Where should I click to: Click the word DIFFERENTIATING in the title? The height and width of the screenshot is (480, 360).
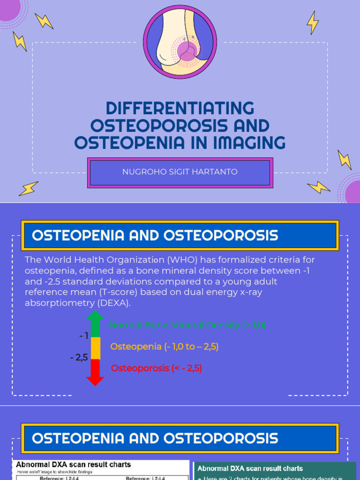180,108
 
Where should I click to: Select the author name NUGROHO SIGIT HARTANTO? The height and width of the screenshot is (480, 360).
180,172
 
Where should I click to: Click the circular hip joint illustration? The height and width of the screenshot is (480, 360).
180,42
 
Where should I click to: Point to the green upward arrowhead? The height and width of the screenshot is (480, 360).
95,318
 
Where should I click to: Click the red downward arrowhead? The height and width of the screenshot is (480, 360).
95,379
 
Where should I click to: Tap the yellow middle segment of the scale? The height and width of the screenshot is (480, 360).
95,348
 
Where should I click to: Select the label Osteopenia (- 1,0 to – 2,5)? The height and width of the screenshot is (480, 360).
165,347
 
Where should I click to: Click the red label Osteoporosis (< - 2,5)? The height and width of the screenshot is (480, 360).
156,368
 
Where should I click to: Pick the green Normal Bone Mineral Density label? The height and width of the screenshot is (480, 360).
187,325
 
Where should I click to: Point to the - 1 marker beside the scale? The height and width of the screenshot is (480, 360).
83,336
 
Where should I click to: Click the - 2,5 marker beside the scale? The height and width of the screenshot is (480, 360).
79,358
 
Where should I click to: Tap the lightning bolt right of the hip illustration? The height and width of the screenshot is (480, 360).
313,22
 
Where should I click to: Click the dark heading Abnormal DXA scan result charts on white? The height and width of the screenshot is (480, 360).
74,465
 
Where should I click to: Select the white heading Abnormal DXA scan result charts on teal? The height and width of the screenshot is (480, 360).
250,468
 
